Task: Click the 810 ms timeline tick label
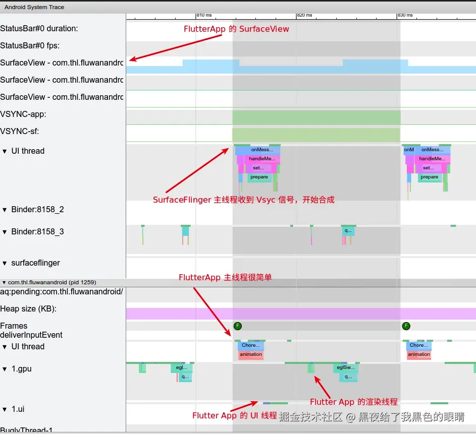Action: point(204,16)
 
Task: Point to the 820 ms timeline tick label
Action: point(305,16)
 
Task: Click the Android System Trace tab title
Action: point(34,7)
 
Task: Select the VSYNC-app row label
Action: point(23,114)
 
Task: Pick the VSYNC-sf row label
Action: point(20,132)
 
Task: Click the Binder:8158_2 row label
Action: point(37,210)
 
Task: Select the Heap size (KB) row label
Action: point(28,308)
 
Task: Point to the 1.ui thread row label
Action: point(18,409)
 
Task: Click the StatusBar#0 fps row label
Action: point(30,46)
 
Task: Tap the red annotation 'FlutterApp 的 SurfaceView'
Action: point(236,29)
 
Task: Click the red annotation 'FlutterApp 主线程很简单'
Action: point(225,278)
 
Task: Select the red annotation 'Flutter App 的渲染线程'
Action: point(354,402)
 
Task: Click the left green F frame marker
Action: point(237,326)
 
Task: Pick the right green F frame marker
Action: point(406,326)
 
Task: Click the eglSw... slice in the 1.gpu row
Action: point(346,368)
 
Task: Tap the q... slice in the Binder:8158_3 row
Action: point(348,231)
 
